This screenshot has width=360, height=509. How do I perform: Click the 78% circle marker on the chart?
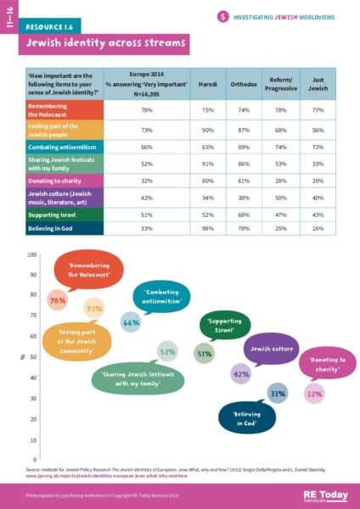click(x=58, y=300)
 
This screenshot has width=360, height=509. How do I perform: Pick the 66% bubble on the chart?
click(x=131, y=322)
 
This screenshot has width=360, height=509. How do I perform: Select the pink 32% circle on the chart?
click(x=314, y=394)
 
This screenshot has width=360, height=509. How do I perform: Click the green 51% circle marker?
click(x=204, y=354)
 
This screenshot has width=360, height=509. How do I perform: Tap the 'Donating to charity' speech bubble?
click(x=325, y=366)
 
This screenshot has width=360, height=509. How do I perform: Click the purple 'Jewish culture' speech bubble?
click(x=271, y=348)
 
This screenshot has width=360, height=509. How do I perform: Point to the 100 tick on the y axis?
click(x=32, y=255)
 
